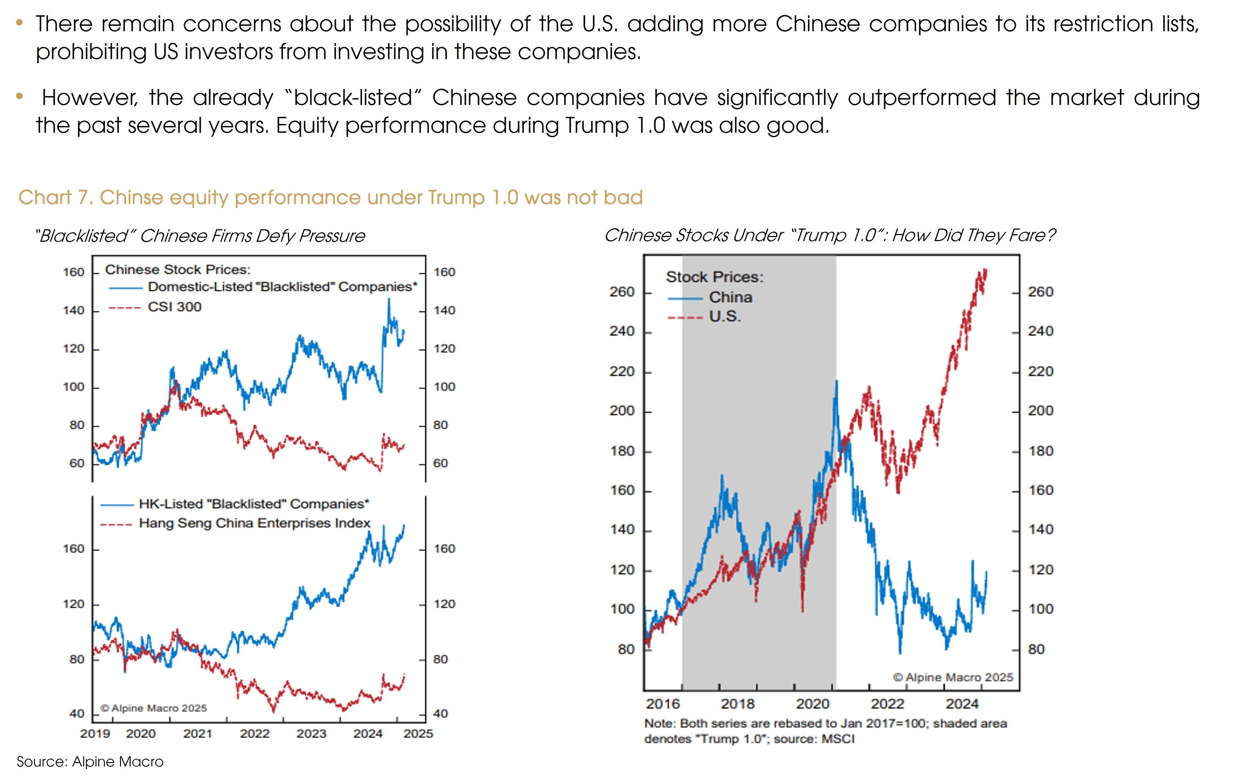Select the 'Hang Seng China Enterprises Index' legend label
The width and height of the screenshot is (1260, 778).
(254, 523)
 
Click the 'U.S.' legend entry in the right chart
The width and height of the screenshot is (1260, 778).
(725, 316)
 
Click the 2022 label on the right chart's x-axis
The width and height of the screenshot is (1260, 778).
(887, 704)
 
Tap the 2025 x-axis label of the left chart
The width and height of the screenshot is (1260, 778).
(418, 734)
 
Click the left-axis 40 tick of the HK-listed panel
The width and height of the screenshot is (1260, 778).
(77, 714)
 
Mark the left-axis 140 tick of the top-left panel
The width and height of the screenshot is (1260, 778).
(74, 311)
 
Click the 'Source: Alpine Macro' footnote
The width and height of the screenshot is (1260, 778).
(90, 762)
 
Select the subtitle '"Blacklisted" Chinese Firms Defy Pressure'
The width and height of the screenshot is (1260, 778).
(200, 236)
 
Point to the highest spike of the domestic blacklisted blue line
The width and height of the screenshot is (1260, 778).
(389, 299)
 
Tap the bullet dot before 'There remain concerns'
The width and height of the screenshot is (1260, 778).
(20, 23)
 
